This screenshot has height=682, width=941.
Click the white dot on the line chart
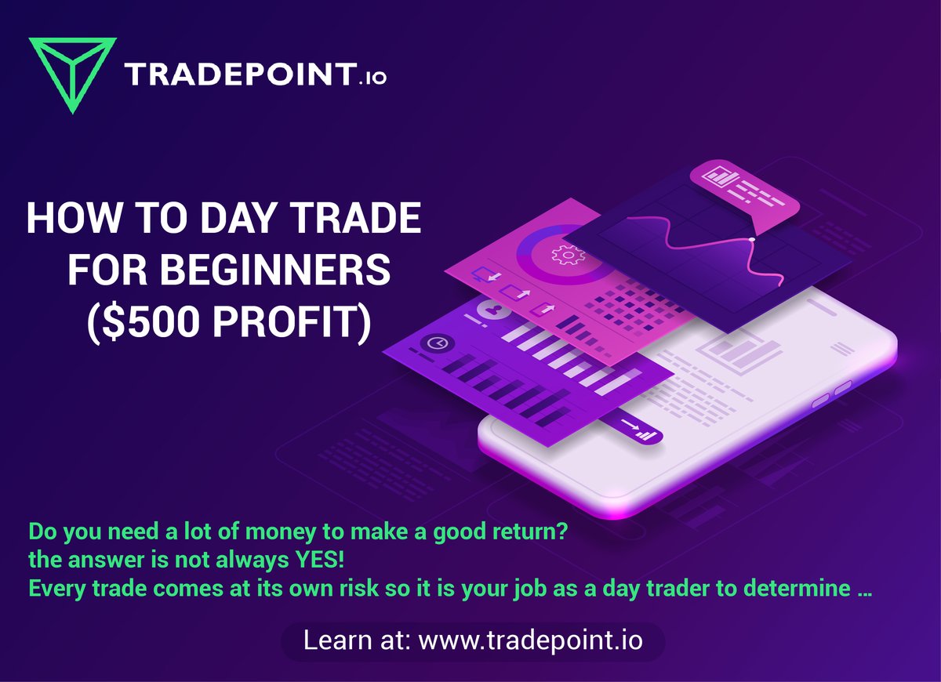pos(751,238)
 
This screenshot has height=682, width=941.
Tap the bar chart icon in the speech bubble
pos(714,176)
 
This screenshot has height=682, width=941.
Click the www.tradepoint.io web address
pos(531,640)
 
